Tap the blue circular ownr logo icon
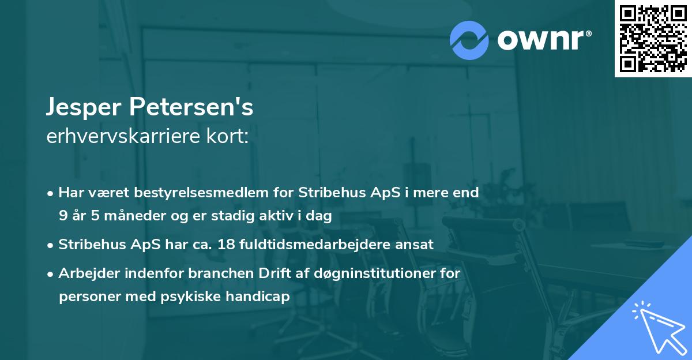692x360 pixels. (x=469, y=39)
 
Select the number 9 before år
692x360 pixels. (x=62, y=216)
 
